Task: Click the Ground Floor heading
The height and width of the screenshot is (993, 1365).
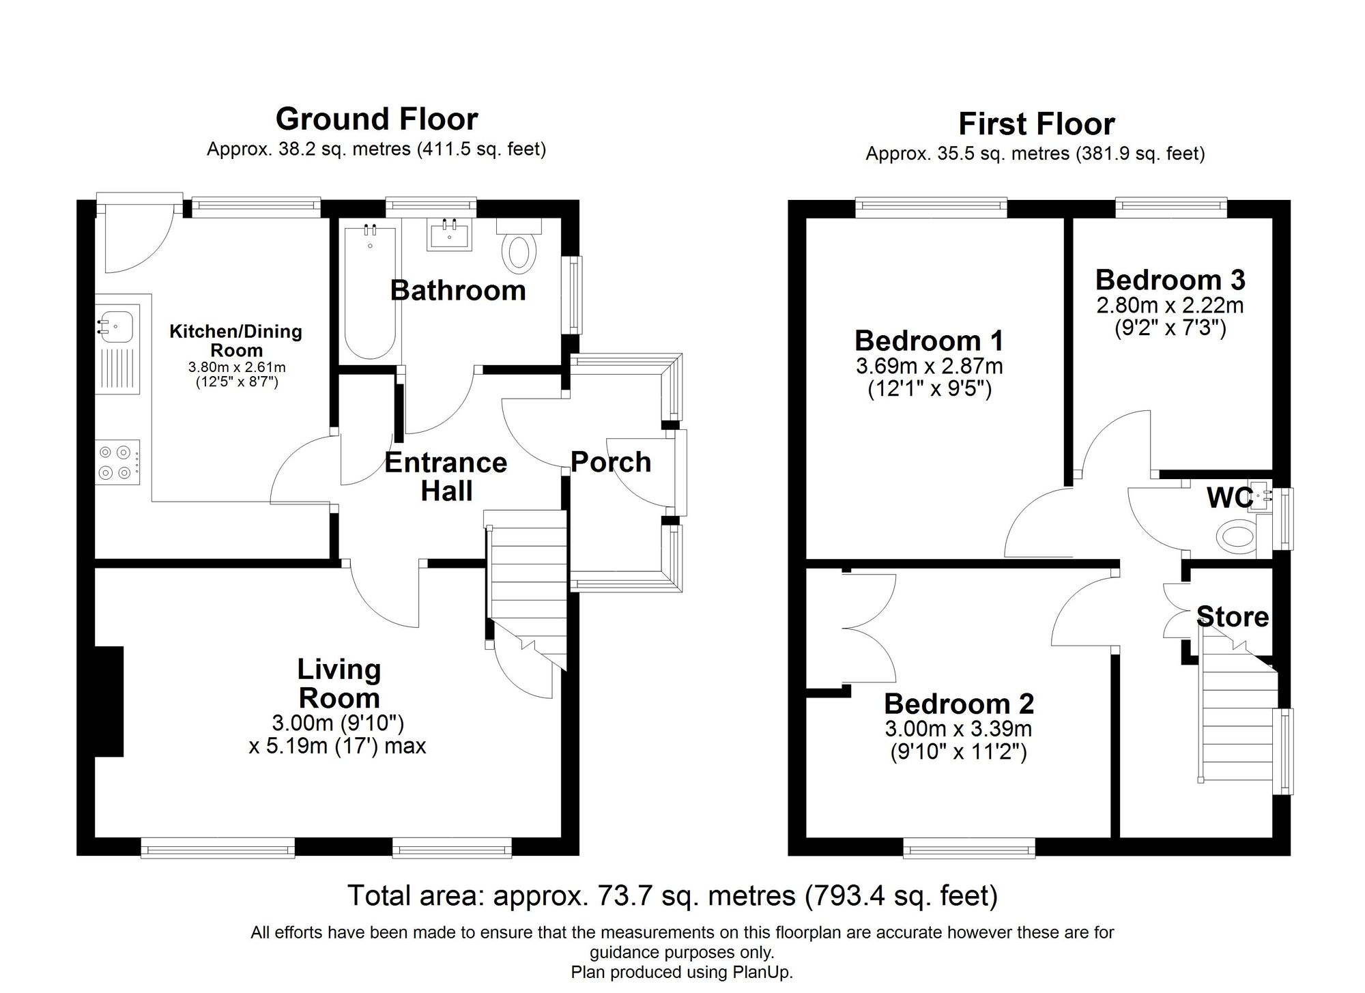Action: coord(376,119)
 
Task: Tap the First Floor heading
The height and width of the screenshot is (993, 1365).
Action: coord(1036,124)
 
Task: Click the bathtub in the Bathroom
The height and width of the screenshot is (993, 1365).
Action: coord(370,293)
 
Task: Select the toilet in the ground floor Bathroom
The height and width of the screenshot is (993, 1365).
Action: coord(519,251)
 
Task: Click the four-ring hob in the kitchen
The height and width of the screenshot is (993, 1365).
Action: coord(116,462)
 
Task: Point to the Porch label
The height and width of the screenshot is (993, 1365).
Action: coord(610,462)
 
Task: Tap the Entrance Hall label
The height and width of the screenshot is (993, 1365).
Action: coord(446,476)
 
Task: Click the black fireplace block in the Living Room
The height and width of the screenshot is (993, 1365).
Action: coord(109,701)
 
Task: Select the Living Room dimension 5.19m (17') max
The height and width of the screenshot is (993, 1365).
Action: coord(337,746)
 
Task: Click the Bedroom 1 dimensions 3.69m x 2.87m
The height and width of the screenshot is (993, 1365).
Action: coord(929,366)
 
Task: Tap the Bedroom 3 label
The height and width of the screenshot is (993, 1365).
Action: coord(1170,280)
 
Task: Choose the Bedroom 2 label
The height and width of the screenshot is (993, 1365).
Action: coord(958,703)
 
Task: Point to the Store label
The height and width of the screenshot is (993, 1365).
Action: coord(1233,617)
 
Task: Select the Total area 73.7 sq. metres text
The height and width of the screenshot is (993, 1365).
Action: coord(672,895)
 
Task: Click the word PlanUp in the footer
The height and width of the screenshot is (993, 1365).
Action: coord(766,973)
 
